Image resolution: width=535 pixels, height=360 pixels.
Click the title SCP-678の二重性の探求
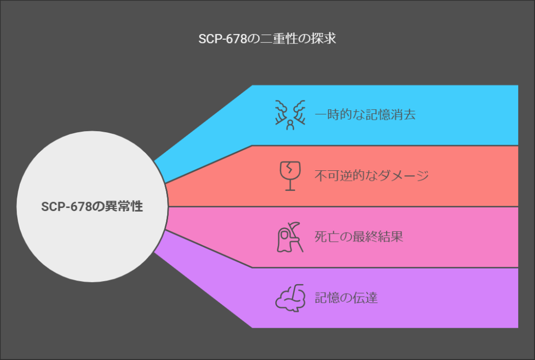[x=267, y=39]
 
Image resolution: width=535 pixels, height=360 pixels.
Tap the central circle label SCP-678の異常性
[x=92, y=206]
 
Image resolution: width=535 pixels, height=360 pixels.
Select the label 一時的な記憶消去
[x=365, y=115]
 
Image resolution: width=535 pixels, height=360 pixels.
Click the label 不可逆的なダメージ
[x=371, y=176]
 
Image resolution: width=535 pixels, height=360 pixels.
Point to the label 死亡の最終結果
[x=358, y=237]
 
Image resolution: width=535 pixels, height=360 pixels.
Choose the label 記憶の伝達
[x=346, y=298]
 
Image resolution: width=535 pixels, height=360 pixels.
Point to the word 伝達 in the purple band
[x=365, y=298]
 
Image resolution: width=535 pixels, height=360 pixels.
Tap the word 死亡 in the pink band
[x=327, y=237]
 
